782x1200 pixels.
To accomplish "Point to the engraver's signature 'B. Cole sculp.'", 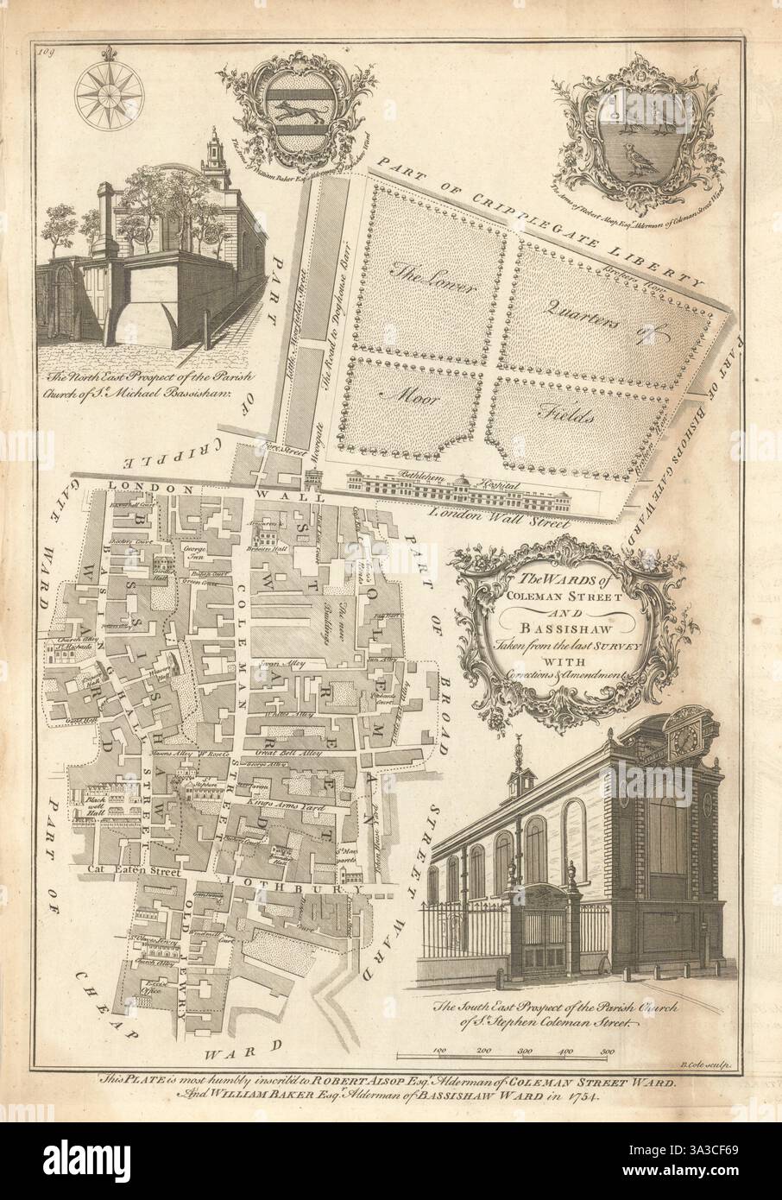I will [x=706, y=1067].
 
